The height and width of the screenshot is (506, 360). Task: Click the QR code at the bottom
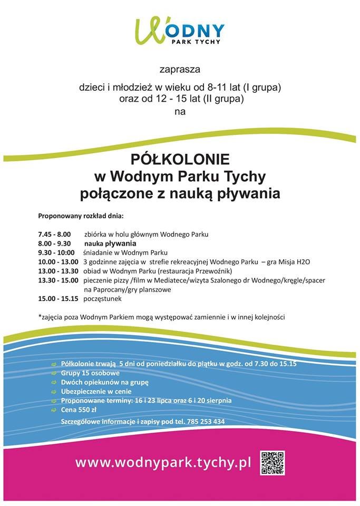point(273,462)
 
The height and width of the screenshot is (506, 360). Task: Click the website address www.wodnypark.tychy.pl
point(162,463)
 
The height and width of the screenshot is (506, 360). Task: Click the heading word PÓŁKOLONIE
point(180,159)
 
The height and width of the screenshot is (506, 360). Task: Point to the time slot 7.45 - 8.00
point(54,233)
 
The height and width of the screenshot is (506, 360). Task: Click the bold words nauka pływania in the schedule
point(110,244)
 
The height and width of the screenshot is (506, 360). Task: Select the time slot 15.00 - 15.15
point(58,299)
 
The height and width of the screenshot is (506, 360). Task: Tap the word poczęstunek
point(102,299)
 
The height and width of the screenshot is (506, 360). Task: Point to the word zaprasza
point(180,69)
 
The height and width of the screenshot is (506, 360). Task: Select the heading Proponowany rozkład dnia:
point(80,216)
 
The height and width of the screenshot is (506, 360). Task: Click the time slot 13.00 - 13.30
point(58,271)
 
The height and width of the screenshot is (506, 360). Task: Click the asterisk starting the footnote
point(40,316)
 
